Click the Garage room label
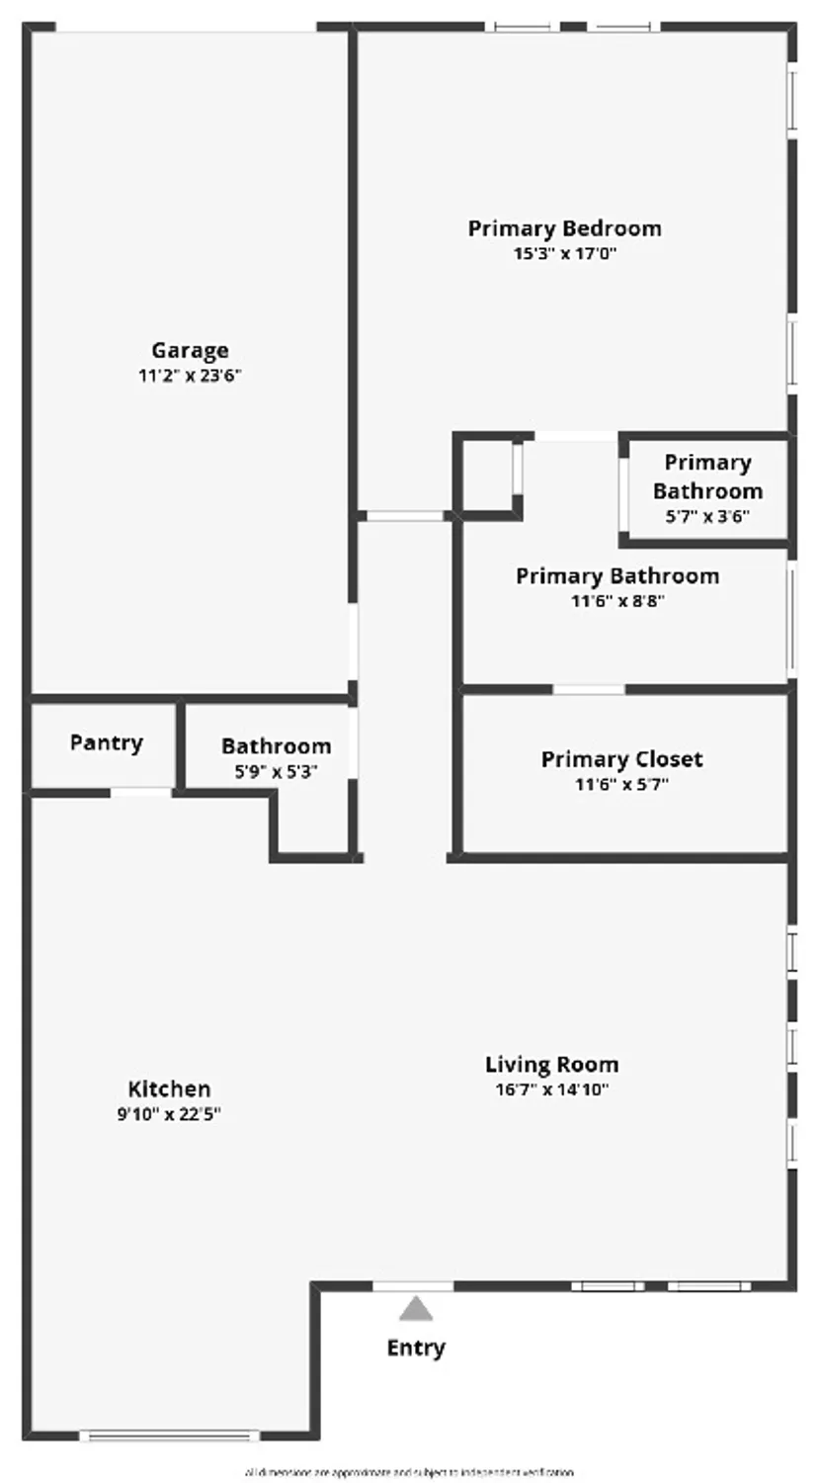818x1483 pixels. click(190, 350)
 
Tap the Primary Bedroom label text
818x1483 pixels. click(564, 228)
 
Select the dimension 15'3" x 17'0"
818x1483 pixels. click(564, 253)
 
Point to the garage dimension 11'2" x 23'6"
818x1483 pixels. click(190, 376)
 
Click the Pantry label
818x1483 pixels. click(106, 742)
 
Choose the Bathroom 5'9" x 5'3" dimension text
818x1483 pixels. click(276, 771)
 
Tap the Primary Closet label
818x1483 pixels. click(621, 759)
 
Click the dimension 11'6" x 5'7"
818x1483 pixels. click(621, 785)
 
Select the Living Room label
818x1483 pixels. click(551, 1065)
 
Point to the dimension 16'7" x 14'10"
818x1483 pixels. click(551, 1090)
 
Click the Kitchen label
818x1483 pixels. click(169, 1089)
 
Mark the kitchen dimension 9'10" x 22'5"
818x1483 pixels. click(169, 1114)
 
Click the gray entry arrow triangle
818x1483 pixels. click(416, 1310)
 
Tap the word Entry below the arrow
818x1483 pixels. click(416, 1348)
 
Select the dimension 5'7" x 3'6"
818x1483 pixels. click(707, 516)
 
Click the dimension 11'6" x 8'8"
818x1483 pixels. click(616, 601)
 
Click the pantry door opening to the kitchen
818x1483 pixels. click(140, 792)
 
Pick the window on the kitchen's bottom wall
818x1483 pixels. click(169, 1436)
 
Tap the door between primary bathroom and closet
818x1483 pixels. click(589, 689)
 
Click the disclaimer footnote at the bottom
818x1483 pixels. click(409, 1472)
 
